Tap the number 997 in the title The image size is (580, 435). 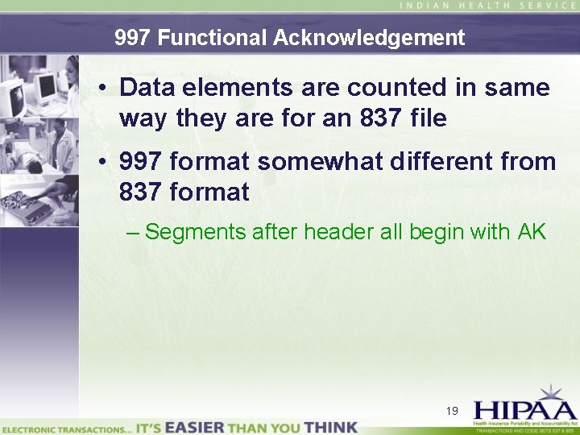130,38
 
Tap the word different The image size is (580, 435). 447,161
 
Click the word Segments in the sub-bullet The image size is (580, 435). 196,232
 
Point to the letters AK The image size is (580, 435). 532,232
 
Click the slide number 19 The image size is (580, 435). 452,411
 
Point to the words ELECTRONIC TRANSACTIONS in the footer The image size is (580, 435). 65,428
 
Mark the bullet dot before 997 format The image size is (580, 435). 104,161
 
